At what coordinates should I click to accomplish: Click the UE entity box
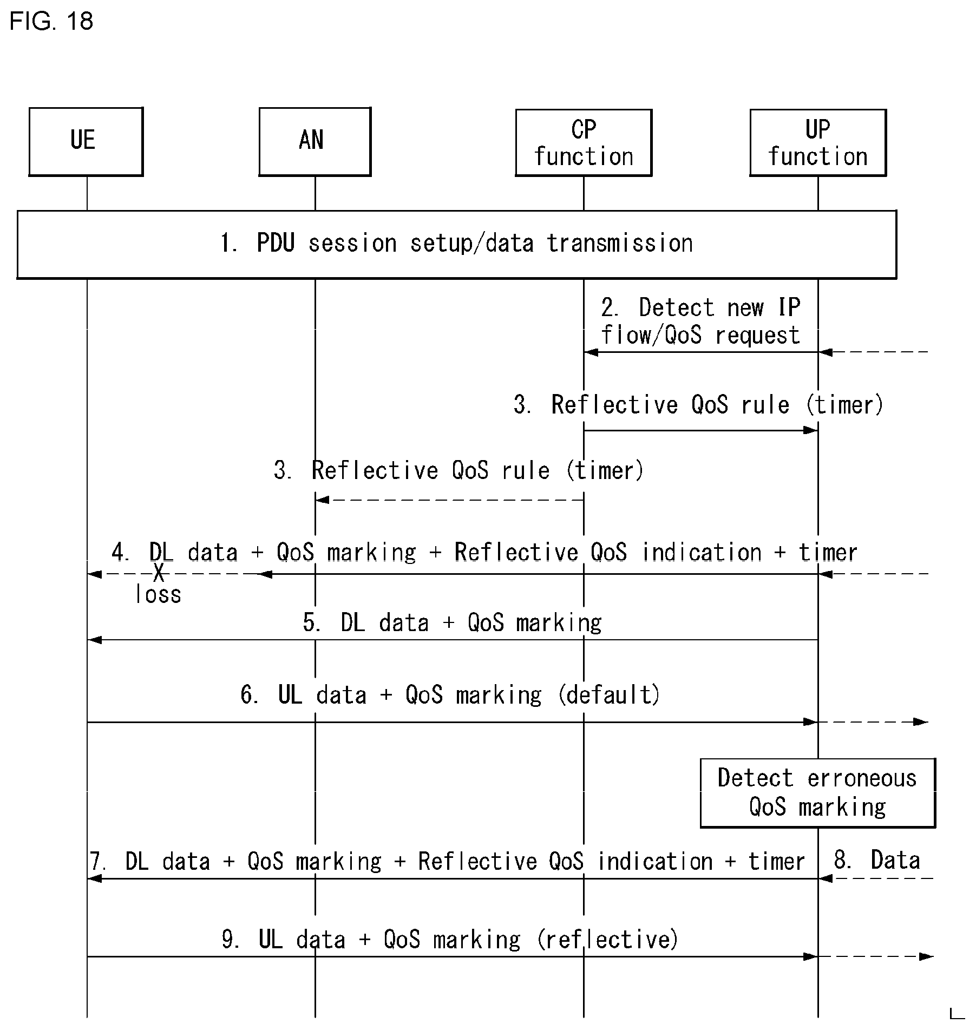86,142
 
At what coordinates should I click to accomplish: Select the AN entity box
315,142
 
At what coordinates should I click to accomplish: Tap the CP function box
583,143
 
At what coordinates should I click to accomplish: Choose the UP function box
817,143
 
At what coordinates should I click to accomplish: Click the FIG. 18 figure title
51,21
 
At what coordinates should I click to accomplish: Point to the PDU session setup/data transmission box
456,245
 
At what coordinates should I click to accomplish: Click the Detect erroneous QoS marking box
817,792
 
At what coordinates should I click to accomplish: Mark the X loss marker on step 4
158,573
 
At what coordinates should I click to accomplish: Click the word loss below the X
158,595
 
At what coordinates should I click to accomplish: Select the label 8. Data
877,860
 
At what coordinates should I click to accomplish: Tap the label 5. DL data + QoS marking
452,623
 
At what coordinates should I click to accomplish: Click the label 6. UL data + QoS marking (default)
450,695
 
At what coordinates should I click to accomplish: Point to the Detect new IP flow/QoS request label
700,322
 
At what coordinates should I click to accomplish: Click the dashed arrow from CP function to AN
449,500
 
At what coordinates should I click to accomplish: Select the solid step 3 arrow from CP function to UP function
700,430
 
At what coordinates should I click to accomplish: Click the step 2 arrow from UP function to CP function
700,352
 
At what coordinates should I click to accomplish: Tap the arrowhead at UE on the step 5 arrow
94,640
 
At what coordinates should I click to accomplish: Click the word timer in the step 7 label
776,861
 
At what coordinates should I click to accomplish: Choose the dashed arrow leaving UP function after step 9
876,956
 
